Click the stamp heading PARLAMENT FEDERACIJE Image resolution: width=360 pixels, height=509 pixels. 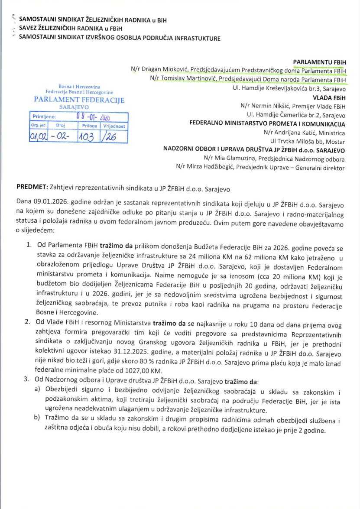pos(79,100)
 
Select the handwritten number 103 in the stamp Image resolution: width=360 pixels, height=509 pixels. pos(87,136)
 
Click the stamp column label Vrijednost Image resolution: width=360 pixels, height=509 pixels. pos(114,126)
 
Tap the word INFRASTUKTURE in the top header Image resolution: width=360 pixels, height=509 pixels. pos(197,38)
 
